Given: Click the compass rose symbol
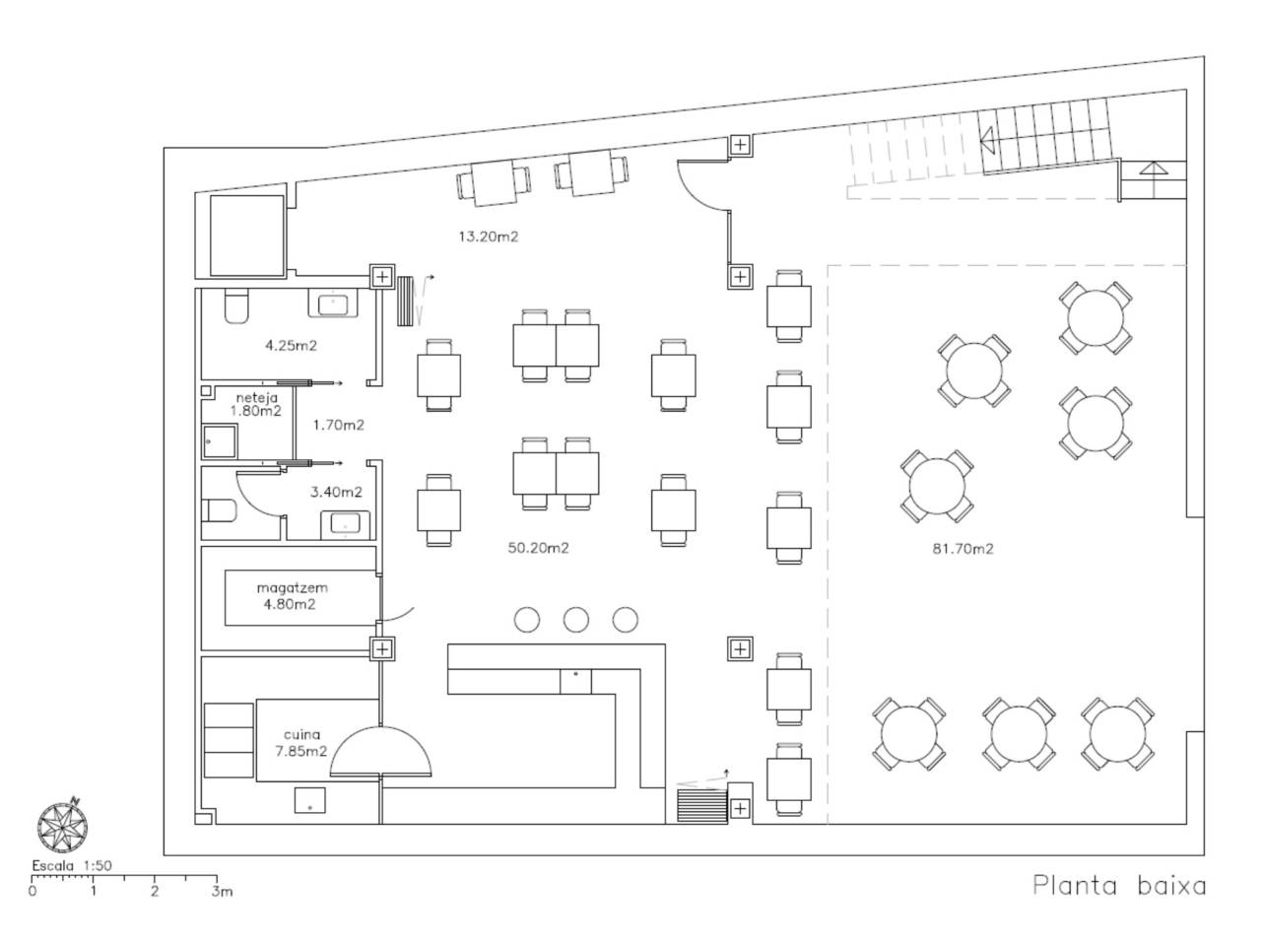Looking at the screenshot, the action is tap(63, 827).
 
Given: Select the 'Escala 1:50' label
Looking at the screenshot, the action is tap(72, 865).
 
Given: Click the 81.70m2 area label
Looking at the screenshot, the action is tap(962, 549).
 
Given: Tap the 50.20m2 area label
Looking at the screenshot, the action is tap(538, 548).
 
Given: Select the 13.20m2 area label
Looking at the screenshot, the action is tap(489, 236).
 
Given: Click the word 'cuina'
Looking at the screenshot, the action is tap(302, 735).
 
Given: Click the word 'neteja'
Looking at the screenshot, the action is tap(257, 397).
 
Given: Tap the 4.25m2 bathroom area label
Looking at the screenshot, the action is tap(291, 346).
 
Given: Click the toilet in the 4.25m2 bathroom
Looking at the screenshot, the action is tap(236, 306).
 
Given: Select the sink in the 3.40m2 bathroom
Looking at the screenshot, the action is tap(345, 524).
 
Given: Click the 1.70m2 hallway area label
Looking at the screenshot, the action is tap(338, 425).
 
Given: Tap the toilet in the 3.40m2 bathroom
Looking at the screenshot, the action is tap(219, 510).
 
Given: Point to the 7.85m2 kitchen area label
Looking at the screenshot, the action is tap(301, 751).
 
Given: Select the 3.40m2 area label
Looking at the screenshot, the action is tap(336, 493).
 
